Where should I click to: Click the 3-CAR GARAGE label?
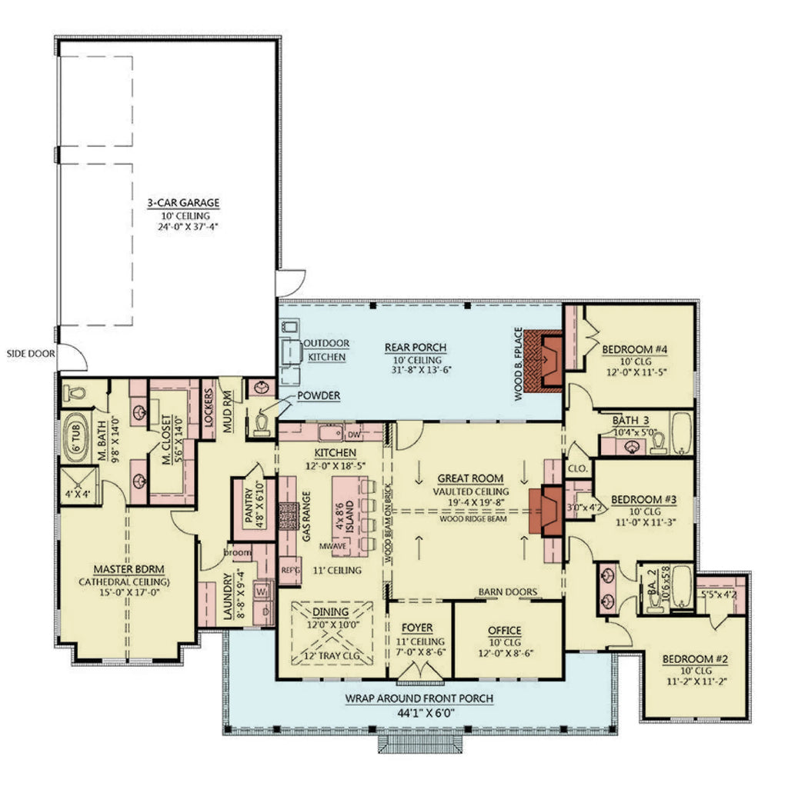tap(183, 203)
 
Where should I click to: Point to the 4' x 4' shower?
tap(75, 494)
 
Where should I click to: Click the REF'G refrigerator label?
tap(289, 570)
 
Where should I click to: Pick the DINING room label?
tap(330, 612)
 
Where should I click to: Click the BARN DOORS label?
tap(508, 591)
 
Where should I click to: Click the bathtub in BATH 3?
tap(683, 435)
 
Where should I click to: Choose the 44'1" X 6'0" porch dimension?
tap(419, 711)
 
